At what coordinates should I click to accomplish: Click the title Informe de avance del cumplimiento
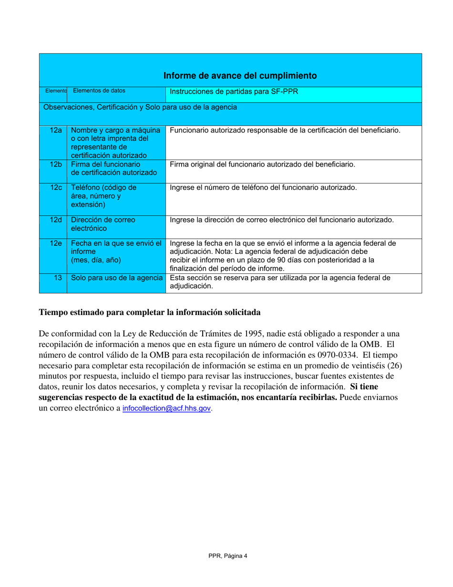tap(240, 76)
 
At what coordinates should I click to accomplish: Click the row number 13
tap(58, 277)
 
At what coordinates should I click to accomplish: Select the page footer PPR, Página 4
tap(227, 556)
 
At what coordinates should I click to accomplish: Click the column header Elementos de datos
tap(99, 90)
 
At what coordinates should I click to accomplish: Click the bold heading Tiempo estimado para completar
tap(149, 313)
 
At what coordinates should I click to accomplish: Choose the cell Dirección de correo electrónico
tap(103, 224)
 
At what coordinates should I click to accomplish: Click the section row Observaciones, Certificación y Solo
tap(140, 108)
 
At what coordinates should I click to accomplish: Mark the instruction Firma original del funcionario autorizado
tap(262, 165)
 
